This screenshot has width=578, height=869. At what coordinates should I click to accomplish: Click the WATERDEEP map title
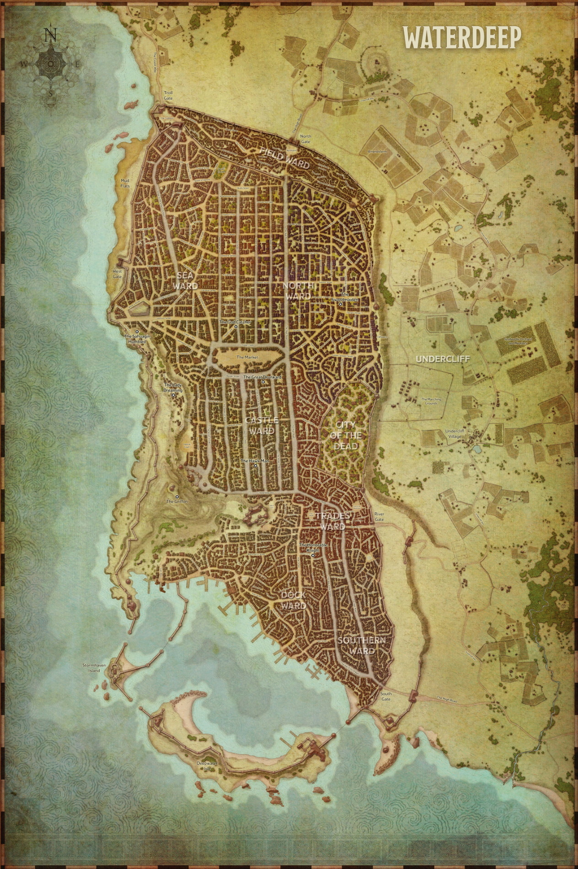pyautogui.click(x=461, y=38)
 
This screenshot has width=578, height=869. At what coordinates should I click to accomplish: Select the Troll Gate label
pyautogui.click(x=169, y=95)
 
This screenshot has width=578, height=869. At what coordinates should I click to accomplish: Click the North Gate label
pyautogui.click(x=305, y=139)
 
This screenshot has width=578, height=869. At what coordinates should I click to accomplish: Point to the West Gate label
pyautogui.click(x=118, y=274)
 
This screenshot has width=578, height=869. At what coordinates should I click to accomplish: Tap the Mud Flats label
pyautogui.click(x=125, y=183)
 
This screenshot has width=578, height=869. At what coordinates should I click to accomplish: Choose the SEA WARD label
pyautogui.click(x=186, y=280)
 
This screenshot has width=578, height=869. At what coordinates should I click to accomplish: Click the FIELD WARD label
pyautogui.click(x=284, y=157)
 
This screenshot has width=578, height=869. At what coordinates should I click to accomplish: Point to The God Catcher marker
pyautogui.click(x=235, y=327)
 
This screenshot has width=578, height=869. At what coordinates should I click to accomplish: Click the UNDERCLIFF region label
pyautogui.click(x=443, y=359)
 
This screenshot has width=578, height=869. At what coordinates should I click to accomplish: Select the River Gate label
pyautogui.click(x=379, y=517)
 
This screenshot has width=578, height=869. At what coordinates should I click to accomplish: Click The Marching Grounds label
pyautogui.click(x=431, y=401)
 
